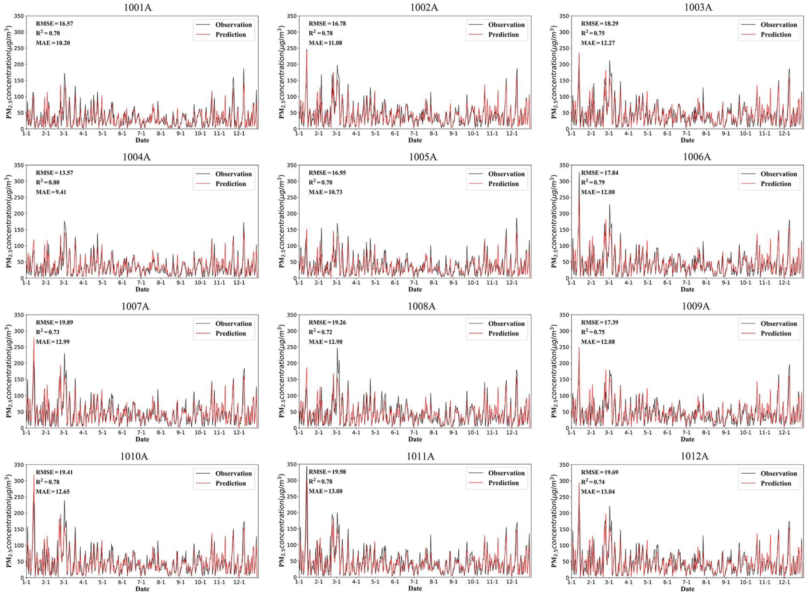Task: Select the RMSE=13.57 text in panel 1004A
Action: (x=54, y=173)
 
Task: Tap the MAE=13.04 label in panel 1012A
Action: (x=598, y=491)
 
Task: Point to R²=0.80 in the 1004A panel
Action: (x=48, y=182)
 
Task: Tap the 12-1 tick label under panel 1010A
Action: (x=239, y=582)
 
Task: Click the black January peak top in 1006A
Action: (x=579, y=173)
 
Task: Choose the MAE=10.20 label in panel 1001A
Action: (x=53, y=43)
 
